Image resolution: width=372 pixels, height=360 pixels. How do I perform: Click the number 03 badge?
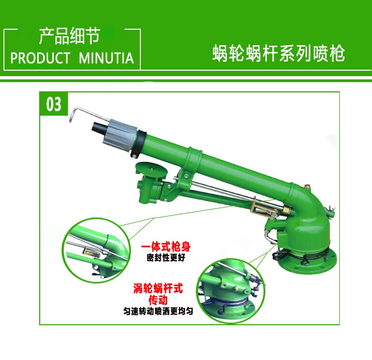tap(54, 104)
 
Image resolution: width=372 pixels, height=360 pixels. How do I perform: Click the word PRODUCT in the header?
tap(40, 58)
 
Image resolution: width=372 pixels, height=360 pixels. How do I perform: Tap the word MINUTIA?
tap(106, 58)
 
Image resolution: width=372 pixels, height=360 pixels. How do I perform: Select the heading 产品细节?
tap(69, 36)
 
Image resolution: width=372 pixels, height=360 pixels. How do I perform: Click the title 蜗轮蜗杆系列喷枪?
tap(279, 54)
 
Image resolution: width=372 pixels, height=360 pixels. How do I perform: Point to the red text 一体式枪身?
tap(166, 247)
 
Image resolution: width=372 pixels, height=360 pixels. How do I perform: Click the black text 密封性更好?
tap(166, 257)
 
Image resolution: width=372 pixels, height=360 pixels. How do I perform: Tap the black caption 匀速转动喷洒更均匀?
tap(158, 311)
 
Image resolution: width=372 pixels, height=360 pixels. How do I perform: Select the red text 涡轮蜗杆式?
tap(158, 288)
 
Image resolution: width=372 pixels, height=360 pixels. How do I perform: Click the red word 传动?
tap(158, 300)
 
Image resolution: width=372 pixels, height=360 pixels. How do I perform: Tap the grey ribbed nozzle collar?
tap(120, 135)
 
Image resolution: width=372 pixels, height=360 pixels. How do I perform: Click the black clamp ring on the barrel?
tap(139, 144)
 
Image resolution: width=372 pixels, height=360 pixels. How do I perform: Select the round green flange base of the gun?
tap(307, 261)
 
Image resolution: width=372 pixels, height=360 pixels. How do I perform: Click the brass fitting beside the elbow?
tap(287, 210)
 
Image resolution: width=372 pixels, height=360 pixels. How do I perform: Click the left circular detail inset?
tap(96, 250)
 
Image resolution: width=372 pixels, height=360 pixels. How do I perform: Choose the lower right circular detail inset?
tap(231, 291)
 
